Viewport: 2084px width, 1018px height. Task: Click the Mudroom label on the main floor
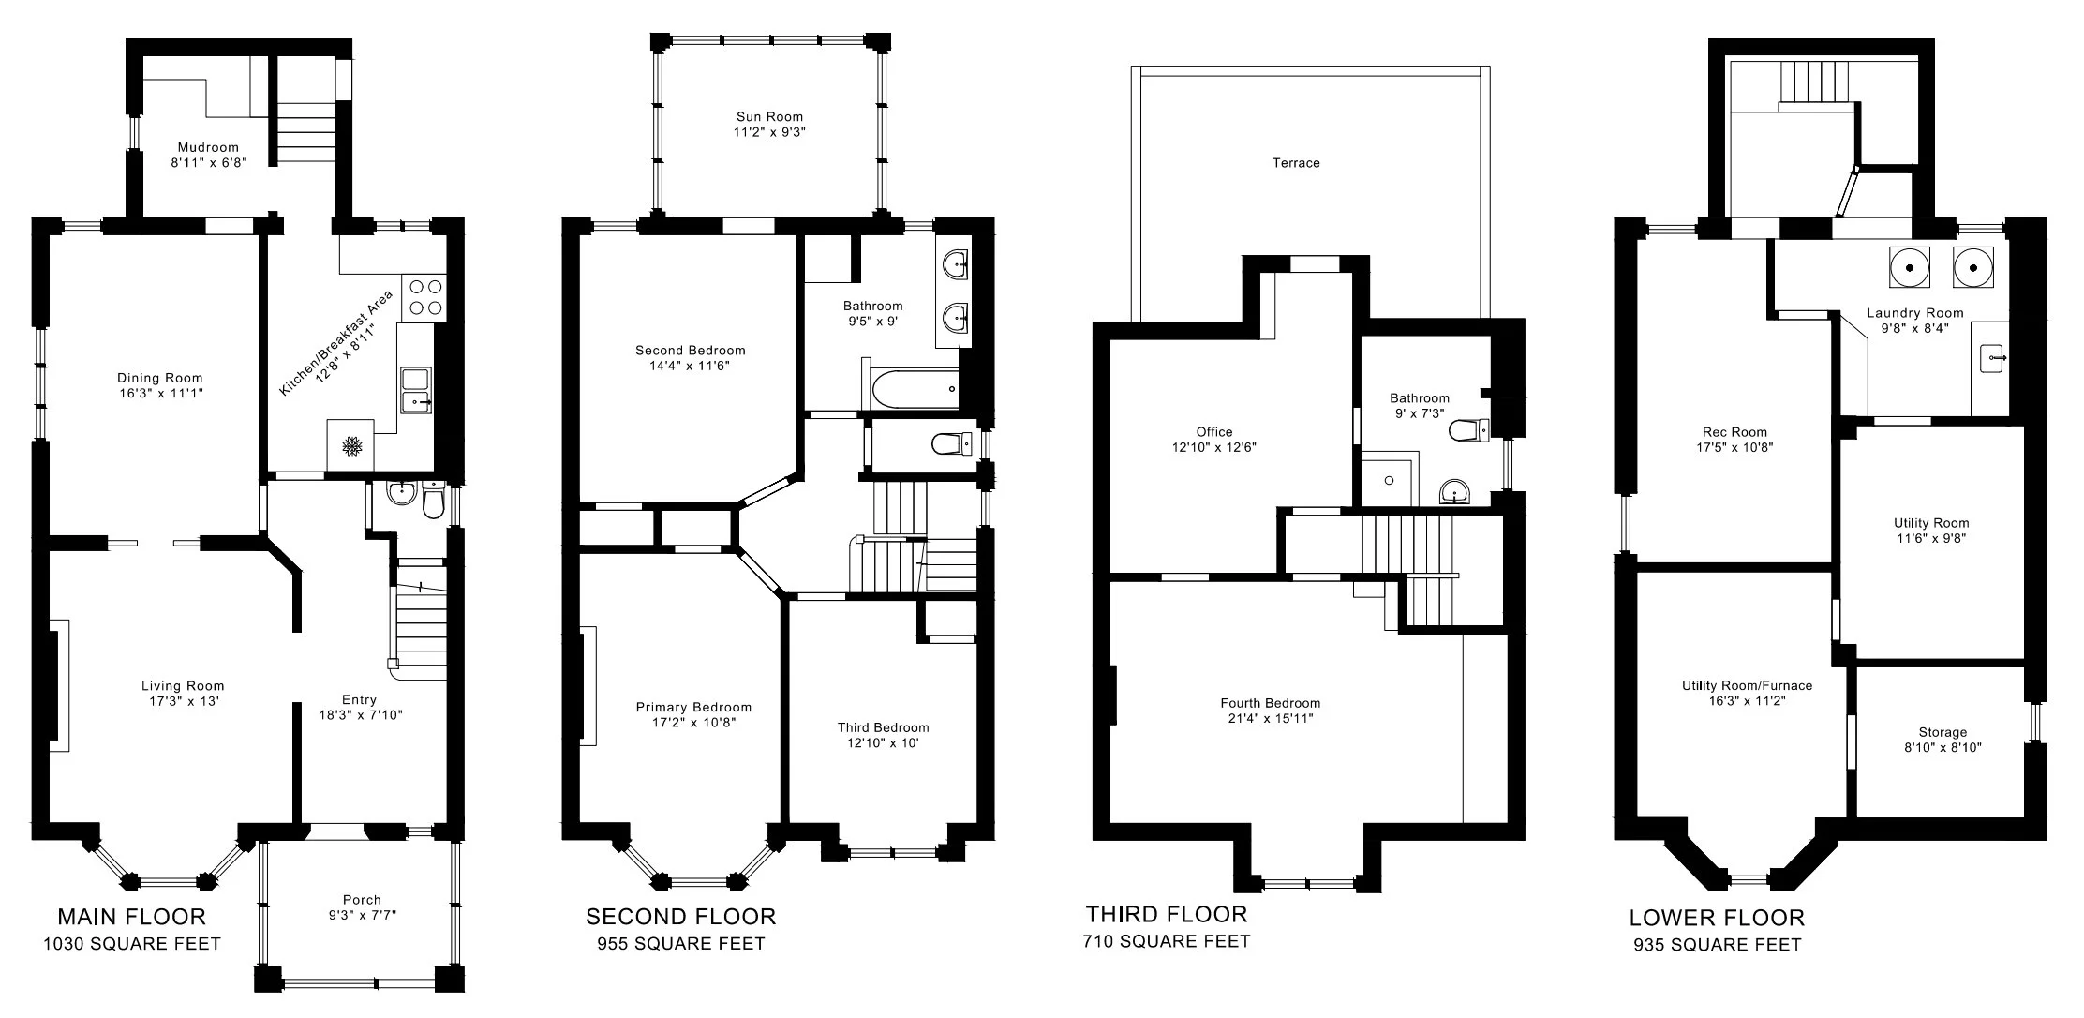[208, 147]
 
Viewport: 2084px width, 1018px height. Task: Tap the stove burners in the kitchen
[424, 298]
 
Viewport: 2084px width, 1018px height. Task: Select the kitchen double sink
[415, 390]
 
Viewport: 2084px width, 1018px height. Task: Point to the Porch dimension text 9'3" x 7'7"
[362, 915]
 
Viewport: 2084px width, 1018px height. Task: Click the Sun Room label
[769, 117]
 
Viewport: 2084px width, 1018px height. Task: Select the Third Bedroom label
[883, 727]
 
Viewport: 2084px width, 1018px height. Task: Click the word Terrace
[1296, 163]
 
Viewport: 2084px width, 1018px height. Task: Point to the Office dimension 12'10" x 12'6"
[1213, 448]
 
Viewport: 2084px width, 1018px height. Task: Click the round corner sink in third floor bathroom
[1454, 490]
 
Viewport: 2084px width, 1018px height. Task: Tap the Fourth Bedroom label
[1270, 703]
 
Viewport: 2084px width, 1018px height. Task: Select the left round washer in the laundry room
[1909, 268]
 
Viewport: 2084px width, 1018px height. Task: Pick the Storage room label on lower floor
[1943, 732]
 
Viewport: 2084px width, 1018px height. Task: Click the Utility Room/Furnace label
[1747, 685]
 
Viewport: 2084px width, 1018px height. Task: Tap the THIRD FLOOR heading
[1166, 914]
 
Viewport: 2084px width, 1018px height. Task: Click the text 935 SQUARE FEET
[1717, 945]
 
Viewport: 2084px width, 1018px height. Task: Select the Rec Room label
[1734, 432]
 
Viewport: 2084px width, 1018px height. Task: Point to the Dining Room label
[159, 379]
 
